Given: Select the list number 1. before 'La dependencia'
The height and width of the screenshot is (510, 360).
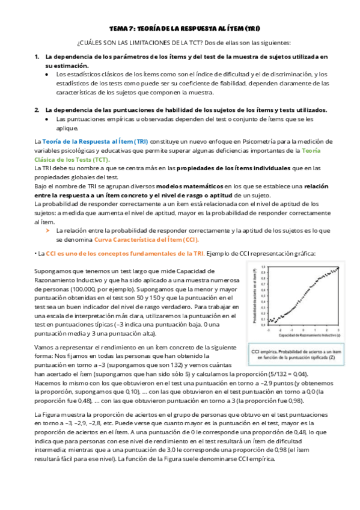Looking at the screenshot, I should click(x=37, y=57).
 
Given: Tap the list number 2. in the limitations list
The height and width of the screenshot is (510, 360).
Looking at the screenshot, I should click(x=37, y=110).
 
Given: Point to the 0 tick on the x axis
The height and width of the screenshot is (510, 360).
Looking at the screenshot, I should click(x=304, y=330).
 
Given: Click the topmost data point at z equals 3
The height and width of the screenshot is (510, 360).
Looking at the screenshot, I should click(x=339, y=268).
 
